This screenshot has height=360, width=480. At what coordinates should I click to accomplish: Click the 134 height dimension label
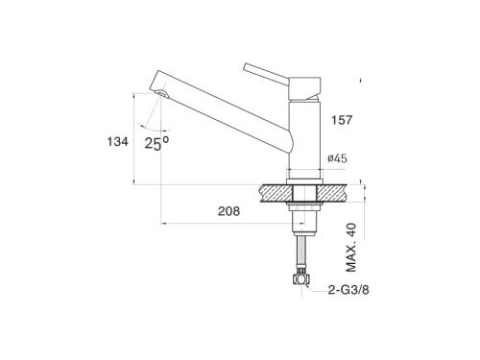point(117,141)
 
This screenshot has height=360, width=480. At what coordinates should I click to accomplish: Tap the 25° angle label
point(156,143)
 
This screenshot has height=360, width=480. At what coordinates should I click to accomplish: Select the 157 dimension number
point(342,120)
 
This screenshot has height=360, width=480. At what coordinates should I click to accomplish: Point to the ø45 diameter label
point(337,158)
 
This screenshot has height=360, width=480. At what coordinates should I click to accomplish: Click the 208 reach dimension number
point(228,211)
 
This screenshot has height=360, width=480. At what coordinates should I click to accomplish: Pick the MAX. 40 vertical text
point(351,247)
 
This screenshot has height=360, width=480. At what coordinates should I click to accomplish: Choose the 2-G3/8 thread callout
point(348,290)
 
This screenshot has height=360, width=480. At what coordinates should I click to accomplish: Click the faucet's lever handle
point(266,74)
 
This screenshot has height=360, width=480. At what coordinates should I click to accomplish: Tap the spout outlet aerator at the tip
point(162,93)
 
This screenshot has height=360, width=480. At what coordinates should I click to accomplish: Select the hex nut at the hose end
point(301,279)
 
